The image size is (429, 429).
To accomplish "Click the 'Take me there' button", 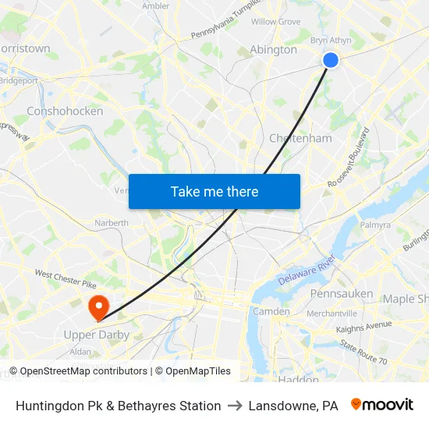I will coord(214,191).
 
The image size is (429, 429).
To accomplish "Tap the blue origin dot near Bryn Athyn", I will coord(330,60).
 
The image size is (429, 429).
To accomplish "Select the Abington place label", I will coord(273,49).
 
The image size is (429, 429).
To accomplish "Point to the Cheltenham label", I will coord(300,138).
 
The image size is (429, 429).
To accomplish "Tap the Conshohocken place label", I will coord(65,111).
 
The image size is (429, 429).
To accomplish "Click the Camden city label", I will coord(271,311).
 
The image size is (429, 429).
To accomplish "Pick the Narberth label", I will coord(112,222).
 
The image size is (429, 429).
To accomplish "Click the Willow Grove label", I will coord(275,22).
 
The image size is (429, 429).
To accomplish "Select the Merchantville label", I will coord(331,313).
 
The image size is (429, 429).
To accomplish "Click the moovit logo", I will coord(382,405).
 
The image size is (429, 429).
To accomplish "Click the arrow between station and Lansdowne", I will coord(235,406).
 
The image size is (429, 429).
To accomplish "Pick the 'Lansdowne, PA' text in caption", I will coord(293,406).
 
